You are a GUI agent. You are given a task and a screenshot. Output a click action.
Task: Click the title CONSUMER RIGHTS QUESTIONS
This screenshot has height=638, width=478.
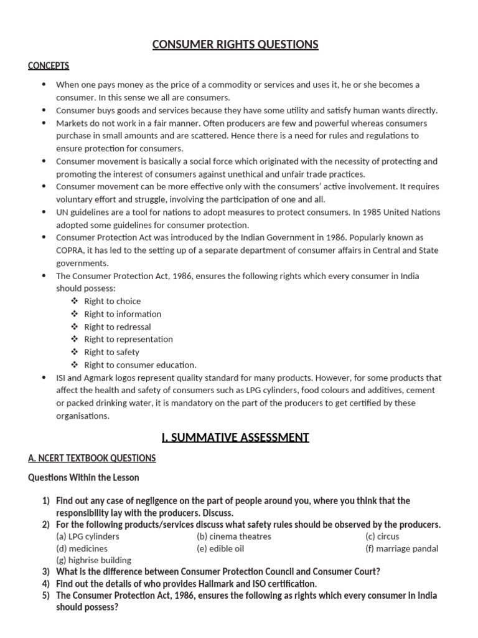pyautogui.click(x=236, y=44)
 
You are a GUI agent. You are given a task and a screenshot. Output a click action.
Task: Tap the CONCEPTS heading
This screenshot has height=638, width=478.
pyautogui.click(x=49, y=65)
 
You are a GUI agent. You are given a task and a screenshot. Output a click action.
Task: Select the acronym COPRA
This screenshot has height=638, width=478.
pyautogui.click(x=73, y=250)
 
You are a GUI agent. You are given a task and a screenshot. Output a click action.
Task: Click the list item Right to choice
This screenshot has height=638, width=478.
pyautogui.click(x=113, y=301)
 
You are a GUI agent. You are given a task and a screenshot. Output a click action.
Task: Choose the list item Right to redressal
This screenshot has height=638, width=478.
pyautogui.click(x=118, y=326)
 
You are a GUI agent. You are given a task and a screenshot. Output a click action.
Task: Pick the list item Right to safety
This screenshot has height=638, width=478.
pyautogui.click(x=112, y=352)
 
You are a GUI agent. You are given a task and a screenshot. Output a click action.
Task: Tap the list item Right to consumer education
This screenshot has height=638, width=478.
pyautogui.click(x=140, y=365)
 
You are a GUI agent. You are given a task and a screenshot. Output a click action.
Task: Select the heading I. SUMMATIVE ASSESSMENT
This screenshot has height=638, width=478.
pyautogui.click(x=235, y=437)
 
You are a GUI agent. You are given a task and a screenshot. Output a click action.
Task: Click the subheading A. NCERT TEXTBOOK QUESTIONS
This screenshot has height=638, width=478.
pyautogui.click(x=92, y=458)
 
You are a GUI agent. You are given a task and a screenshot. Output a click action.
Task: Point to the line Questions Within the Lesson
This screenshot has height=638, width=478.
pyautogui.click(x=84, y=477)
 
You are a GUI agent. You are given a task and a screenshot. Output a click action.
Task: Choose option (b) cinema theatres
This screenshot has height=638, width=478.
pyautogui.click(x=234, y=536)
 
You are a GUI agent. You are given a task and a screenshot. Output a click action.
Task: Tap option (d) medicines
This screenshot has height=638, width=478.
pyautogui.click(x=82, y=549)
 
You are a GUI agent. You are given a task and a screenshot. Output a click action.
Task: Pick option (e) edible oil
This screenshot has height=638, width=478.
pyautogui.click(x=221, y=549)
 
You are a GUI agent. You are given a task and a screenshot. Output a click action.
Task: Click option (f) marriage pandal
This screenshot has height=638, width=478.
pyautogui.click(x=402, y=549)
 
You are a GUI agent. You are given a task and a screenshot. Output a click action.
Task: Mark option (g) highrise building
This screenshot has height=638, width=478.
pyautogui.click(x=93, y=560)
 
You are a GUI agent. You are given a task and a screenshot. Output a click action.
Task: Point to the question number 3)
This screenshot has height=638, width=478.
pyautogui.click(x=45, y=572)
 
